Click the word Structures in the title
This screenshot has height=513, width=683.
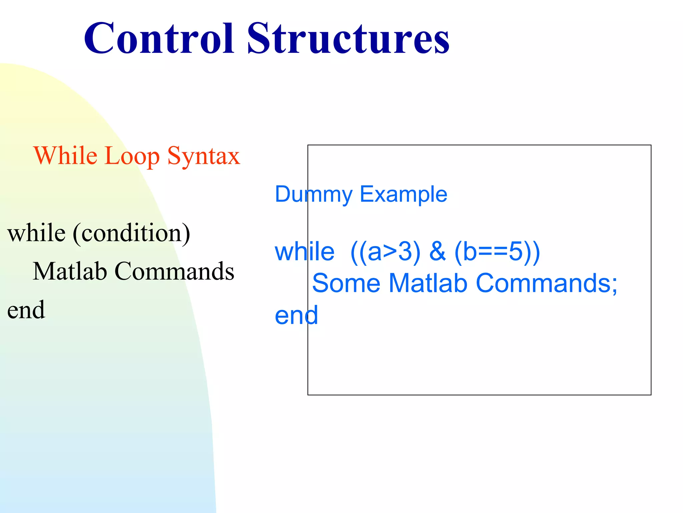click(348, 38)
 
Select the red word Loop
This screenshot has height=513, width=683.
click(132, 156)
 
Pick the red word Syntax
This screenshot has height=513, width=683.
click(203, 156)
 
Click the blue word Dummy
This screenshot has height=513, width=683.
click(313, 194)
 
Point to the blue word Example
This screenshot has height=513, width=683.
click(404, 194)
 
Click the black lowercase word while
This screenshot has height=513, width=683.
click(36, 233)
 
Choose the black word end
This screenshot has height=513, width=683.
click(26, 310)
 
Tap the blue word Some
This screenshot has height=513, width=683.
click(346, 283)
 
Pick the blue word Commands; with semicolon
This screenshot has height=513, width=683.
click(547, 283)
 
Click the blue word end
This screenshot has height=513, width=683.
click(296, 315)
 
